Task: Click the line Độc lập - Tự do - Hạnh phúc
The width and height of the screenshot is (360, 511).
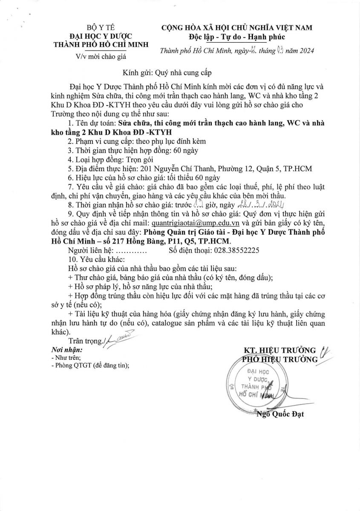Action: click(236, 37)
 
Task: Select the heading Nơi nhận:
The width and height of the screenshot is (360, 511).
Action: click(67, 349)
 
